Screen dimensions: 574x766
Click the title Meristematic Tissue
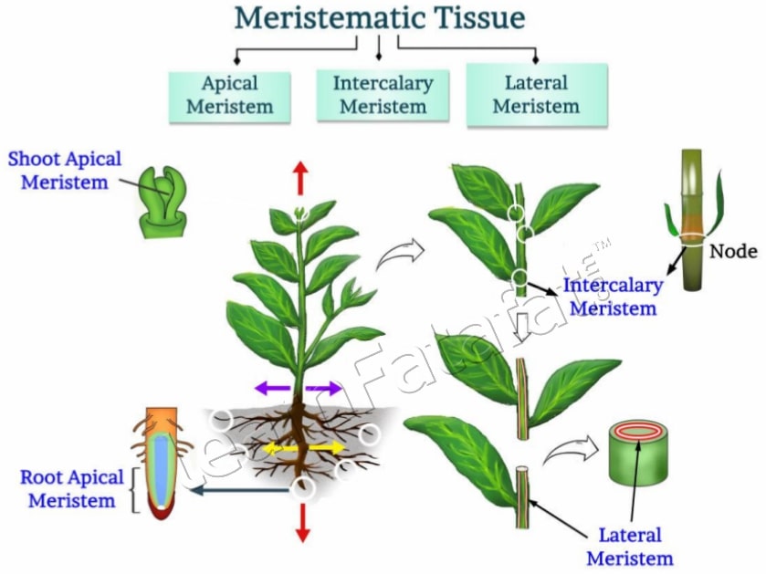click(x=379, y=17)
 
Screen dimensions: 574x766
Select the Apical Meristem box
click(x=230, y=96)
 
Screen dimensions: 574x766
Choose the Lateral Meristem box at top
click(x=536, y=94)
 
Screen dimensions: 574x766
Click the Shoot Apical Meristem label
click(x=64, y=170)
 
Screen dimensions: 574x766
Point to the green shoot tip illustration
click(x=164, y=203)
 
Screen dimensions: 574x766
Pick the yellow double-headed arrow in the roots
click(x=305, y=448)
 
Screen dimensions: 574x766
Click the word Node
click(x=734, y=251)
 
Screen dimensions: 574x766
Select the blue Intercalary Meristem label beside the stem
click(x=612, y=297)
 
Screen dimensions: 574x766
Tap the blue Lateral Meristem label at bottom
click(x=629, y=547)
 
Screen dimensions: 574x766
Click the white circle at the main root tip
click(x=304, y=488)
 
